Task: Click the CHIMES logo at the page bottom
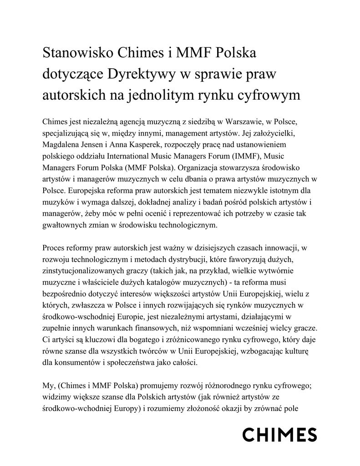pyautogui.click(x=279, y=435)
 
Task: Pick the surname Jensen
pyautogui.click(x=97, y=144)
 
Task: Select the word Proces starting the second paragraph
pyautogui.click(x=54, y=249)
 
